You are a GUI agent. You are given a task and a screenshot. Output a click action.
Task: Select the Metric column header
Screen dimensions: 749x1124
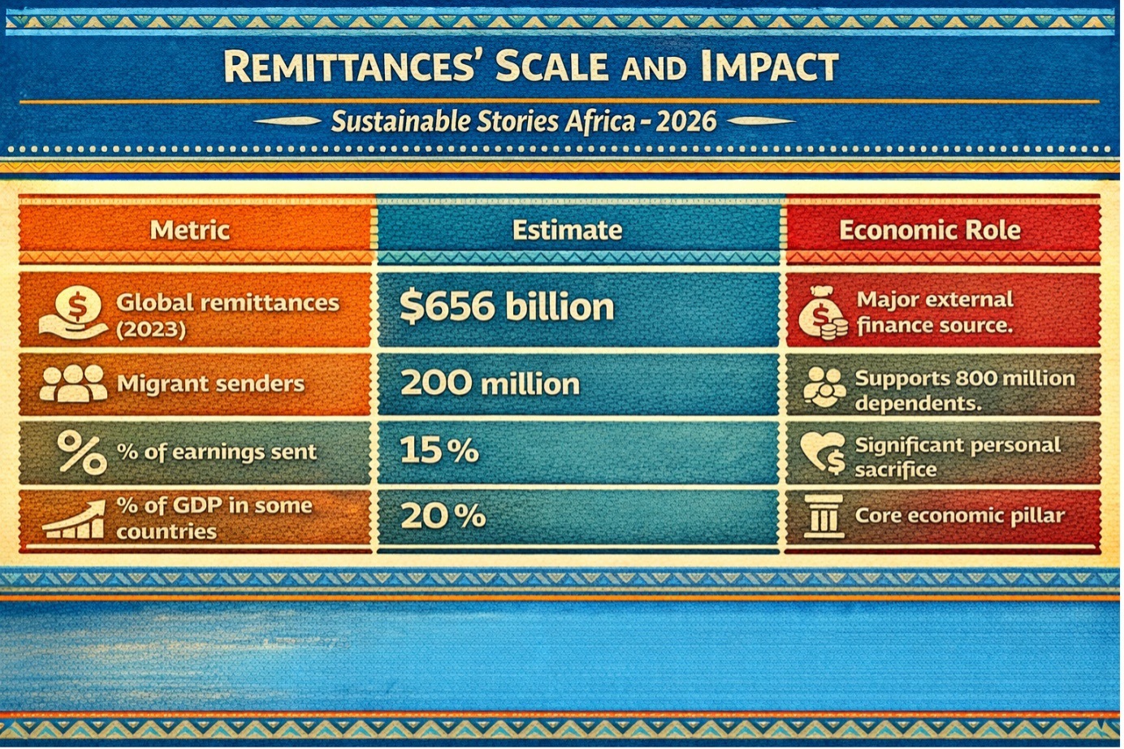(x=190, y=230)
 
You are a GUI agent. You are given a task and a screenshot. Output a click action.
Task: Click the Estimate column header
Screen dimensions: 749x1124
(x=567, y=230)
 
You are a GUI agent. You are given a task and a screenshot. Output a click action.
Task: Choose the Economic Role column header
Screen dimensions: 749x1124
(x=929, y=230)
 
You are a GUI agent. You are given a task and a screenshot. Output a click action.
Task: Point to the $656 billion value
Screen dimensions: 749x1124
(x=507, y=307)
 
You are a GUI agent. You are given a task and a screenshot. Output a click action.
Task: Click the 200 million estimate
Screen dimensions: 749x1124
(x=490, y=383)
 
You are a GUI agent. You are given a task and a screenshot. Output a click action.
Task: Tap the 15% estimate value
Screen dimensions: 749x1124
(x=439, y=450)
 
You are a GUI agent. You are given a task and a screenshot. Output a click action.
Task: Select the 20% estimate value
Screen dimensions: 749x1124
(x=443, y=515)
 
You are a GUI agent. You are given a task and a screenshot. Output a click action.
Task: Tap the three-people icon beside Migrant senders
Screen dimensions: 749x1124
(x=72, y=383)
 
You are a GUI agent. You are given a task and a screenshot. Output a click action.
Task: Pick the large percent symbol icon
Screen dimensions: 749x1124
(x=81, y=452)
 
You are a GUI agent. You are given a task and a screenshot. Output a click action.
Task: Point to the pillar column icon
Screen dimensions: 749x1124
(x=823, y=516)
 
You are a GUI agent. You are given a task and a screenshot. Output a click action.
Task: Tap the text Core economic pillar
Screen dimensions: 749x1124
(x=959, y=516)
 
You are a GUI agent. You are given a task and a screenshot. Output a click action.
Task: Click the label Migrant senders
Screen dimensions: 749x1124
(x=210, y=383)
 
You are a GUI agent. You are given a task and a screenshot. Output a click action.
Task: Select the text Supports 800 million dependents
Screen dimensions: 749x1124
(x=964, y=390)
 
